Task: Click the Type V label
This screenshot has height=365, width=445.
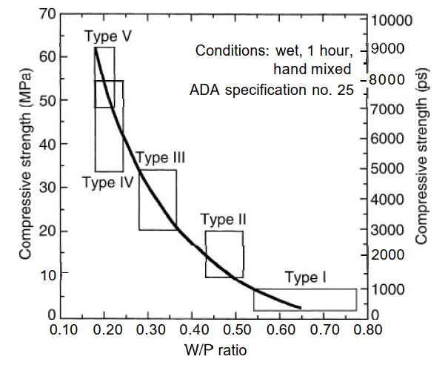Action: (x=108, y=36)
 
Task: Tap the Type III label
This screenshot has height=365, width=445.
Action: (x=160, y=157)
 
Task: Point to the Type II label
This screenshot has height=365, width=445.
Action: (x=224, y=220)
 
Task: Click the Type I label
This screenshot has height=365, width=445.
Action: (x=305, y=277)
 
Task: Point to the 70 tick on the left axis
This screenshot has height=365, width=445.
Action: (x=47, y=13)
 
